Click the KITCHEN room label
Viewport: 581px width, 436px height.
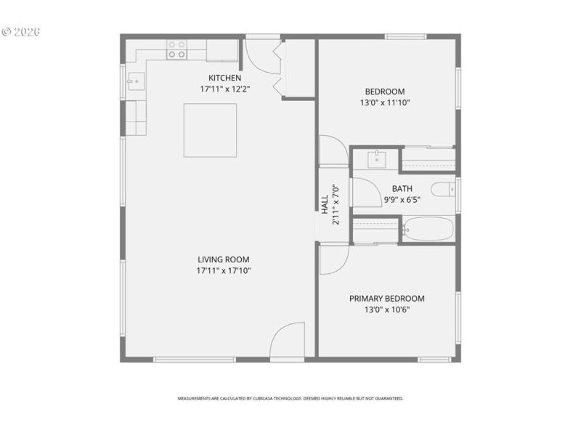[x=224, y=78]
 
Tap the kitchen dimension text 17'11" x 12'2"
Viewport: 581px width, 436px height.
[x=224, y=89]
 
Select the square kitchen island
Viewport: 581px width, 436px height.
[x=210, y=130]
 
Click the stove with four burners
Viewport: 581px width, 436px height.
[x=176, y=49]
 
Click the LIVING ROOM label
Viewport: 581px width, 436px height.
[x=224, y=259]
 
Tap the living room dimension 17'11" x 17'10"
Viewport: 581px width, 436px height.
[x=224, y=270]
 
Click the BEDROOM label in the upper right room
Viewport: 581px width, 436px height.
[x=384, y=92]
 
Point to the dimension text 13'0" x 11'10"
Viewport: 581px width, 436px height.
[x=384, y=102]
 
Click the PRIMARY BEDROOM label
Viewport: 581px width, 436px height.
[x=386, y=299]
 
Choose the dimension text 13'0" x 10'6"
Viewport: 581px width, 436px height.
[x=386, y=310]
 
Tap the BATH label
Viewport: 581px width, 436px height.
[x=402, y=189]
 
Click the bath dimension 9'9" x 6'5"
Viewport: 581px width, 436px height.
[x=402, y=199]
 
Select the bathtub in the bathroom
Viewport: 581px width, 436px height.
[x=428, y=230]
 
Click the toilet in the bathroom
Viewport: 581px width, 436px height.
[x=442, y=190]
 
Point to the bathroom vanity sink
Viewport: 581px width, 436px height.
[x=377, y=158]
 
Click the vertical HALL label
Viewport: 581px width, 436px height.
[x=325, y=204]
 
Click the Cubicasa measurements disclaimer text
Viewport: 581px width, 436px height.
[x=290, y=398]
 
